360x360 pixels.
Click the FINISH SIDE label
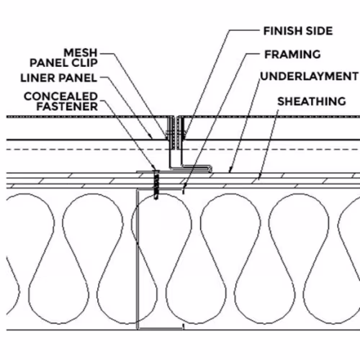point(298,31)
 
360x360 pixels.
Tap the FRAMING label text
point(292,55)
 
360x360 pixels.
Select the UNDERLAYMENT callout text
point(310,76)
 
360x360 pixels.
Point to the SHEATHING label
point(312,102)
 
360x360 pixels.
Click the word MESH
point(81,53)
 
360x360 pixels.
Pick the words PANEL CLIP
point(63,63)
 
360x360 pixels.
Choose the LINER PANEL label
point(59,78)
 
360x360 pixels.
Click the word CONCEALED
point(60,96)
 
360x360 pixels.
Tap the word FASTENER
point(67,107)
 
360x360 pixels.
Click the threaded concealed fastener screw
point(156,185)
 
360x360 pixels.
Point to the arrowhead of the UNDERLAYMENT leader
point(230,170)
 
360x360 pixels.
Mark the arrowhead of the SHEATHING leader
point(259,177)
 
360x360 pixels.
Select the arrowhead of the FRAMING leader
point(184,186)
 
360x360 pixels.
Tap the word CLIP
point(85,63)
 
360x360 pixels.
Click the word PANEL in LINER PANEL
point(78,78)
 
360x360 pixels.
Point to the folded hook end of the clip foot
point(210,168)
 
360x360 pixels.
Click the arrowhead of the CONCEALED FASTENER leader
point(154,167)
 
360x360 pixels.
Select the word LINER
point(38,78)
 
